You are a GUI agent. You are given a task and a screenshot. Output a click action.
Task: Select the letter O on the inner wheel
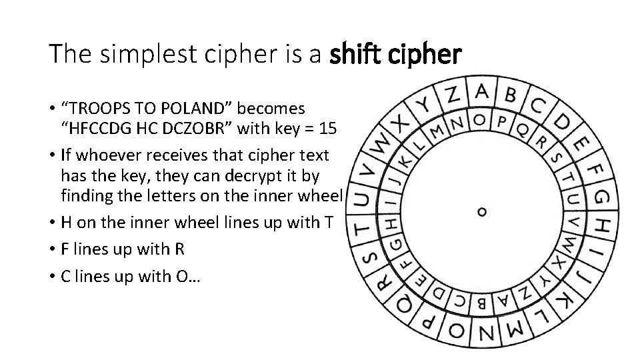[x=479, y=120]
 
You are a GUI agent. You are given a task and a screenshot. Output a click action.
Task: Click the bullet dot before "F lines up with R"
[x=52, y=249]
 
